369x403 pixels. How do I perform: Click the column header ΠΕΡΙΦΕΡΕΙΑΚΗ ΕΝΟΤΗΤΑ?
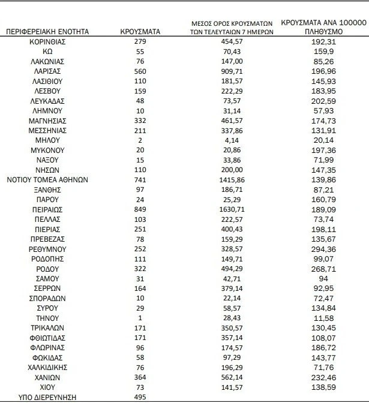47,31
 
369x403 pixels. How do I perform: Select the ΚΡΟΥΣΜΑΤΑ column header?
139,31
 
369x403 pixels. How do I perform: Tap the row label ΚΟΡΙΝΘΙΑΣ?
47,42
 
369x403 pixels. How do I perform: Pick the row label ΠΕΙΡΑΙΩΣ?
47,210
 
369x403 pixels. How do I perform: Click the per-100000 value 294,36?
323,249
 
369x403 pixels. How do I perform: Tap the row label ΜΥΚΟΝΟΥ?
47,150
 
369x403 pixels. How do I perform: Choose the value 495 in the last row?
139,396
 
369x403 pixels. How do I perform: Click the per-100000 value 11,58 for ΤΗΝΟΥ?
323,318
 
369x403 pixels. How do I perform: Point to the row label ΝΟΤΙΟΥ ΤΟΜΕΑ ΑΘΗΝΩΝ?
47,179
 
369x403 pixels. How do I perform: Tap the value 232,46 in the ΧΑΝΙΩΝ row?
323,377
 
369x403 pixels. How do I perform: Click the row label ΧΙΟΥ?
47,386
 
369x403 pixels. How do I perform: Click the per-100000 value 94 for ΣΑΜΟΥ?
323,278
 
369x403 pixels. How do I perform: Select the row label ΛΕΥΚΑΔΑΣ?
47,101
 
